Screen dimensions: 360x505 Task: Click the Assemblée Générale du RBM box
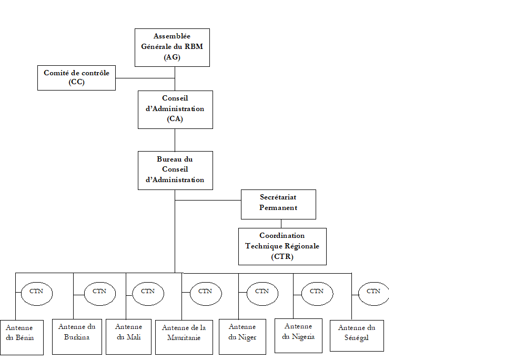(x=172, y=47)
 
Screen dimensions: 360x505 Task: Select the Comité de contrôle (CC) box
(x=77, y=77)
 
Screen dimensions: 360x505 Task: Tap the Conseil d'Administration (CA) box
(x=175, y=109)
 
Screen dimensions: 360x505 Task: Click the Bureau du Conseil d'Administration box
(x=175, y=170)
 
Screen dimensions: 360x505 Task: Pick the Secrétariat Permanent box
(x=278, y=204)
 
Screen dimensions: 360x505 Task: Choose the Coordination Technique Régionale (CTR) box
(x=282, y=246)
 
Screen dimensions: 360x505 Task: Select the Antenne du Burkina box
(x=77, y=336)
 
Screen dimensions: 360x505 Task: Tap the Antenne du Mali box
(x=128, y=336)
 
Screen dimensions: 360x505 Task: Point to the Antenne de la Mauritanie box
(x=184, y=337)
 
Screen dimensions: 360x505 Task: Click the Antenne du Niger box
(x=242, y=336)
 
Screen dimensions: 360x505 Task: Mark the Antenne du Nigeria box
(x=298, y=335)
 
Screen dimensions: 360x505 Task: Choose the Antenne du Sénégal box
(x=357, y=335)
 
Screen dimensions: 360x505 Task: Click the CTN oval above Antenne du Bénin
(x=36, y=294)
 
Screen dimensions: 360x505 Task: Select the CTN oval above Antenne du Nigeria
(x=316, y=294)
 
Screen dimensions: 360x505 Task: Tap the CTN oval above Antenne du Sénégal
(x=373, y=294)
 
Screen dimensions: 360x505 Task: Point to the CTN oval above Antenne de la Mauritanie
(x=205, y=294)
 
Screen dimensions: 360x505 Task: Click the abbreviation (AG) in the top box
(x=172, y=57)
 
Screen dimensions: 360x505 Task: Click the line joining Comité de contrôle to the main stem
(x=145, y=78)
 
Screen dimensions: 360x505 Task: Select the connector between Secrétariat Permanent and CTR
(x=281, y=224)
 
